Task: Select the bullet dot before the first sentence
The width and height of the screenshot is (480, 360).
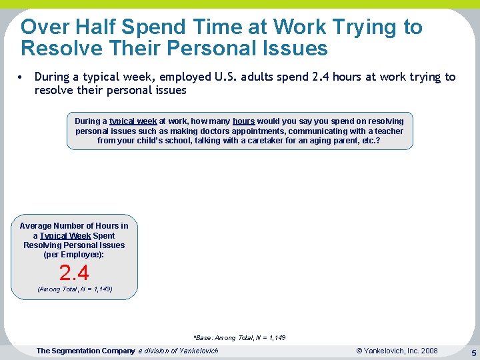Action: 23,77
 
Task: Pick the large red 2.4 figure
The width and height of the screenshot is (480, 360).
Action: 74,273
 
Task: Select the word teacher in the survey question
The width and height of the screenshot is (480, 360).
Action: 389,131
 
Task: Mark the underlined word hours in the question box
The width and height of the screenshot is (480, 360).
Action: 243,121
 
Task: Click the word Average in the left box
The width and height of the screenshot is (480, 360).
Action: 36,226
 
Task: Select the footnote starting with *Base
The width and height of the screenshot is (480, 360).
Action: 239,338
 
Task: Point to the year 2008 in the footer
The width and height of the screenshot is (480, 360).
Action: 428,351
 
